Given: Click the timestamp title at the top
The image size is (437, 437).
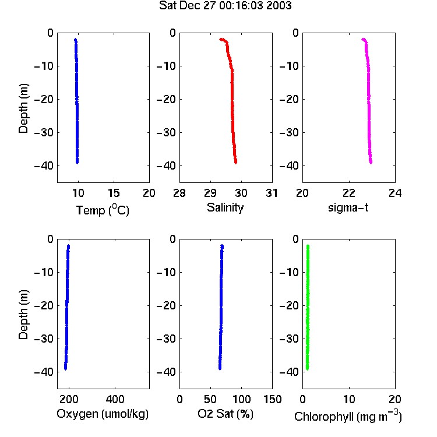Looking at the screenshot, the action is pyautogui.click(x=225, y=6).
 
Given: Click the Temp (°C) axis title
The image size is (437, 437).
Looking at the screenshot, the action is pyautogui.click(x=103, y=210).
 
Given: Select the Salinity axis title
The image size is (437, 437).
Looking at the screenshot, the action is pyautogui.click(x=225, y=207).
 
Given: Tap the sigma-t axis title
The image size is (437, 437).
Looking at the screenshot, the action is pyautogui.click(x=348, y=207).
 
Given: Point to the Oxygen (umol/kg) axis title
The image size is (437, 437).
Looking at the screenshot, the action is pyautogui.click(x=103, y=414).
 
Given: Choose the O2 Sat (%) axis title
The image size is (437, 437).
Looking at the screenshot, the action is pyautogui.click(x=225, y=414).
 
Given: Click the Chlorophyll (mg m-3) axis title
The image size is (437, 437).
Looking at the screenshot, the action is pyautogui.click(x=348, y=416).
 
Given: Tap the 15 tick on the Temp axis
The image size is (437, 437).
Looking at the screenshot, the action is pyautogui.click(x=114, y=193).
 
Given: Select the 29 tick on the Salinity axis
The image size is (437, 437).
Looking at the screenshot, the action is pyautogui.click(x=210, y=193).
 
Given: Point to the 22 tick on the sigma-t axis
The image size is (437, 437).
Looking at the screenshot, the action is pyautogui.click(x=349, y=193).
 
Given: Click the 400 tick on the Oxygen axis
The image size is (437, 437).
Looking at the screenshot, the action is pyautogui.click(x=115, y=399).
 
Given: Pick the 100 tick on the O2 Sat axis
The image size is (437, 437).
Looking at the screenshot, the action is pyautogui.click(x=241, y=399).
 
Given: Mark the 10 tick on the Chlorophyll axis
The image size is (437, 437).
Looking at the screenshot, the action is pyautogui.click(x=349, y=399).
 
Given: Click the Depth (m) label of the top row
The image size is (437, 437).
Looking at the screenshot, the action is pyautogui.click(x=23, y=108).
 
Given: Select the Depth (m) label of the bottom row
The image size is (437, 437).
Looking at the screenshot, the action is pyautogui.click(x=23, y=315).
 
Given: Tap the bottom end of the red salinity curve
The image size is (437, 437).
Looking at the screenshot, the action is pyautogui.click(x=236, y=162).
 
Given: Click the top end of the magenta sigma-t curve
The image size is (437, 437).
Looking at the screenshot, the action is pyautogui.click(x=363, y=39).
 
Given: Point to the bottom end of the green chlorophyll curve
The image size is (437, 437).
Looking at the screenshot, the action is pyautogui.click(x=308, y=369).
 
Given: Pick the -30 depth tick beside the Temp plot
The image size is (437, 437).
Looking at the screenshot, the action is pyautogui.click(x=44, y=132).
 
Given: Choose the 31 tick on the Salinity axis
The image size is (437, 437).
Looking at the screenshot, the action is pyautogui.click(x=272, y=193).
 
